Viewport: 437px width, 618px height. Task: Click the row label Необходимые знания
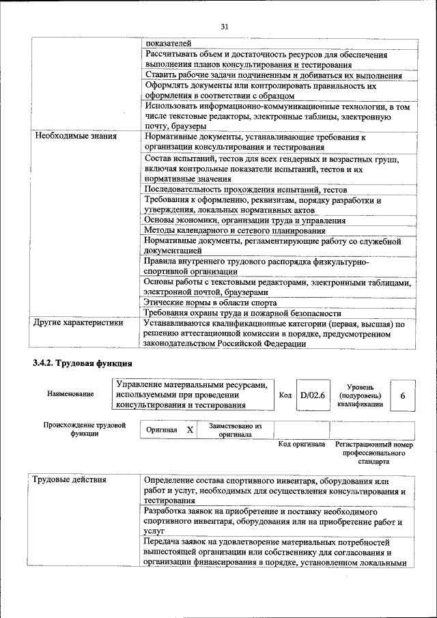tap(75, 136)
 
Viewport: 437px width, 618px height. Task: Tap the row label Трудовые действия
tap(70, 479)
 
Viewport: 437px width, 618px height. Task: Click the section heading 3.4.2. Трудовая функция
tap(82, 362)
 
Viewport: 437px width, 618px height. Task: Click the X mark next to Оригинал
tap(190, 430)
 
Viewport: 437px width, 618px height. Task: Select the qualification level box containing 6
tap(402, 396)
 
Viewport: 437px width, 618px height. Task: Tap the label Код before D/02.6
tap(285, 395)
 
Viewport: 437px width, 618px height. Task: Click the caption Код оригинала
tap(301, 445)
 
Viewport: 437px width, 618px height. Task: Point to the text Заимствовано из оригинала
tap(235, 430)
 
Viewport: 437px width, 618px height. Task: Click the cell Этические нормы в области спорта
tap(211, 302)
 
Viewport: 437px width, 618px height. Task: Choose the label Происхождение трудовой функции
tap(85, 430)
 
